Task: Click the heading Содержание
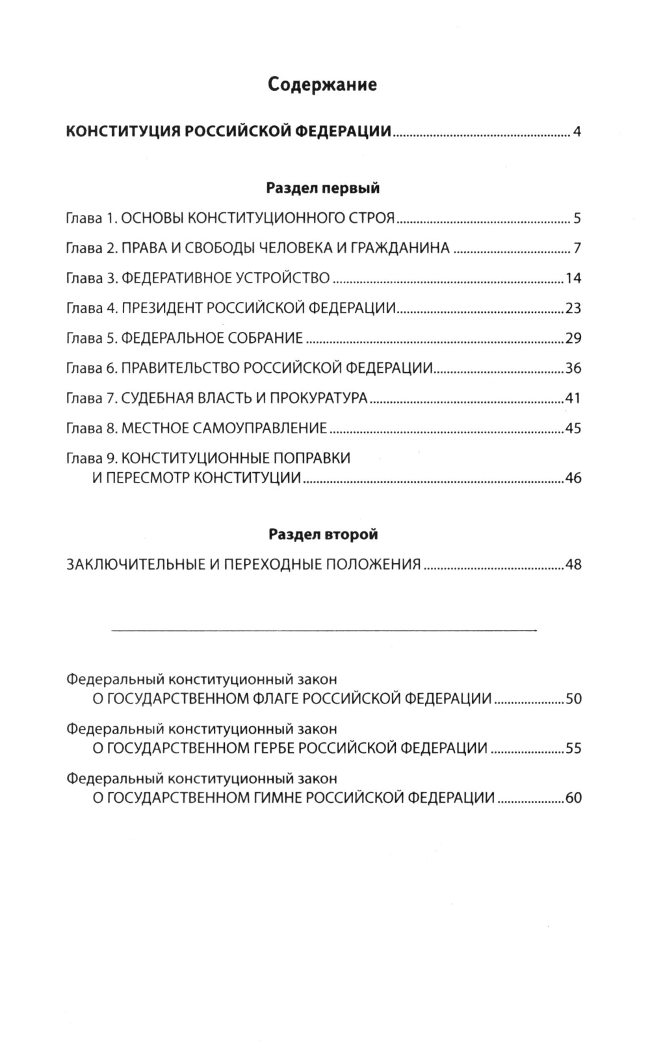point(323,84)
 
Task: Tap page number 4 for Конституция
point(577,133)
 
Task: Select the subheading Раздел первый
point(323,188)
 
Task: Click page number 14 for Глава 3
point(573,279)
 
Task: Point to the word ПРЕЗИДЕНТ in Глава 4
point(162,309)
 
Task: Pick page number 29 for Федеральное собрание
point(573,338)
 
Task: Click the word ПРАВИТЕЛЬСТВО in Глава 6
point(180,368)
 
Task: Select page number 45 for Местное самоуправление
point(573,429)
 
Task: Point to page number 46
point(573,479)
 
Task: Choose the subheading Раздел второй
point(323,535)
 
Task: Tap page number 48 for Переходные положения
point(573,564)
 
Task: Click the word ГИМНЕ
point(276,798)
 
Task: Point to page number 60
point(573,798)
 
